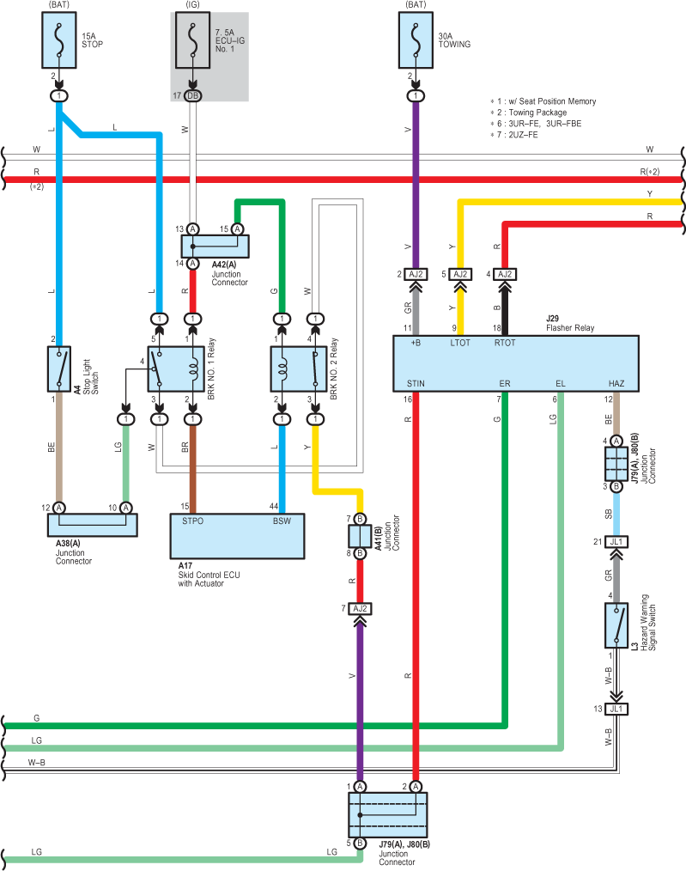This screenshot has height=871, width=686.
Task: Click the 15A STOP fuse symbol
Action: tap(59, 40)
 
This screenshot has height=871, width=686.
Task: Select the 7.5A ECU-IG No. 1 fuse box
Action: tap(192, 40)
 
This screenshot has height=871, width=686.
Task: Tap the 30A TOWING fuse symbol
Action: tap(416, 40)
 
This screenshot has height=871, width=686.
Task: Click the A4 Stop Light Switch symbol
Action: tap(59, 368)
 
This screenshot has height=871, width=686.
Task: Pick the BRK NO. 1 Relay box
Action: tap(176, 368)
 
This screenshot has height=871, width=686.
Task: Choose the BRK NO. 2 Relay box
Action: tap(299, 368)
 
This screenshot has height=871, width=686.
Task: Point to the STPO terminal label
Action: tap(192, 521)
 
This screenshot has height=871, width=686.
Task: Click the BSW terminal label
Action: tap(282, 521)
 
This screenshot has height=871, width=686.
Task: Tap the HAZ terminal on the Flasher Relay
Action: tap(616, 383)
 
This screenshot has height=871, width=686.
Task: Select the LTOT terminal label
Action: tap(460, 343)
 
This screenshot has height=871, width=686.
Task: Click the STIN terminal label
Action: tap(416, 383)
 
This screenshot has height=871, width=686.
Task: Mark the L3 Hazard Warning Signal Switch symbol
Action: tap(616, 625)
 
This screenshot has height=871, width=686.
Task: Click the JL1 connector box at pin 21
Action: tap(616, 542)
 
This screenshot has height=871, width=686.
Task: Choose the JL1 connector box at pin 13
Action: tap(616, 709)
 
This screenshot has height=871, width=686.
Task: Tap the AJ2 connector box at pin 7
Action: tap(361, 609)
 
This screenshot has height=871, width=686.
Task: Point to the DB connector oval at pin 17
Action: tap(192, 95)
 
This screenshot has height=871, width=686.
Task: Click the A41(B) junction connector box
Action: tap(360, 536)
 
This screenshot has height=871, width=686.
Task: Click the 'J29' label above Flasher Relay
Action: tap(552, 319)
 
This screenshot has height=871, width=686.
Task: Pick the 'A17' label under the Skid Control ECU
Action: tap(185, 565)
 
